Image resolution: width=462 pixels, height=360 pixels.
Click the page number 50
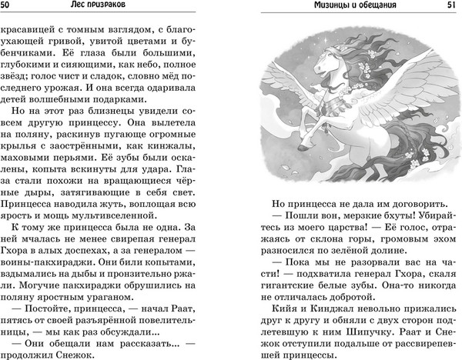[x=9, y=7]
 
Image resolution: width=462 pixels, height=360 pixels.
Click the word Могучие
[x=34, y=283]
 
